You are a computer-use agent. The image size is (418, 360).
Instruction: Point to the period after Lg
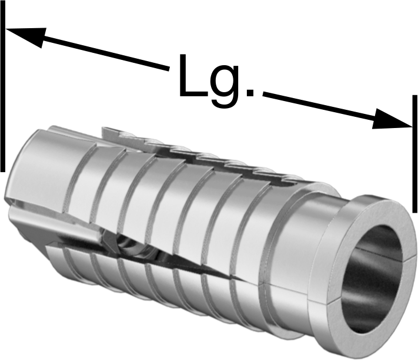250,92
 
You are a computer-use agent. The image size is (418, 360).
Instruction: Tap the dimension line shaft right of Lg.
319,106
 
